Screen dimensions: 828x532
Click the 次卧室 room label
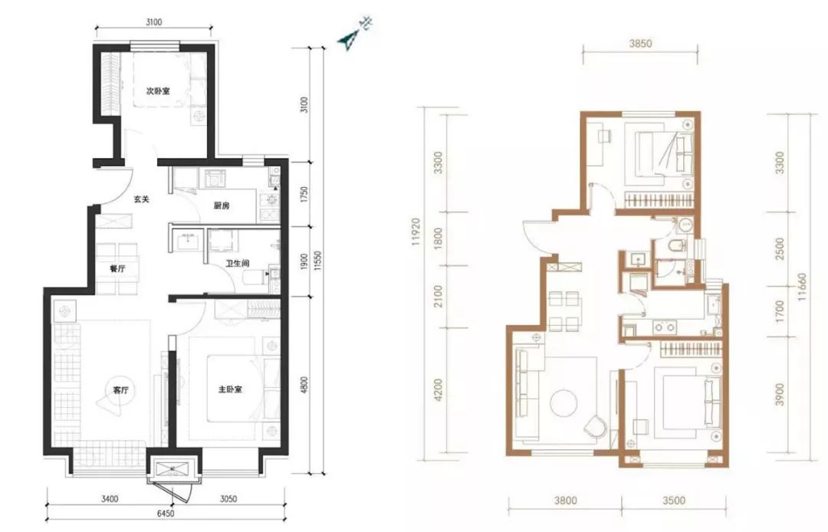158,91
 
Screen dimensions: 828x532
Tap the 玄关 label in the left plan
141,199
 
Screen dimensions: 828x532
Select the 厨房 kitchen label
222,206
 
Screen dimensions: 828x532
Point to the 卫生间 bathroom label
237,264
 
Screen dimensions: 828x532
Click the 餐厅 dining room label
117,268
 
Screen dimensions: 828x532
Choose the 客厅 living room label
121,390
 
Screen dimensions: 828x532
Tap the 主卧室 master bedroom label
230,389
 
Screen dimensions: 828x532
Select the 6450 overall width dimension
166,513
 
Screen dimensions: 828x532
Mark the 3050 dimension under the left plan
228,498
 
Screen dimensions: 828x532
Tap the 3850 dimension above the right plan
640,44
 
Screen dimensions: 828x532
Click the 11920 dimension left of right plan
418,232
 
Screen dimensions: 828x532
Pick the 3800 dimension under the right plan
566,501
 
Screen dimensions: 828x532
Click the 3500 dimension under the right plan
674,501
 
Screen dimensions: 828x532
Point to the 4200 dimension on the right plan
438,390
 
